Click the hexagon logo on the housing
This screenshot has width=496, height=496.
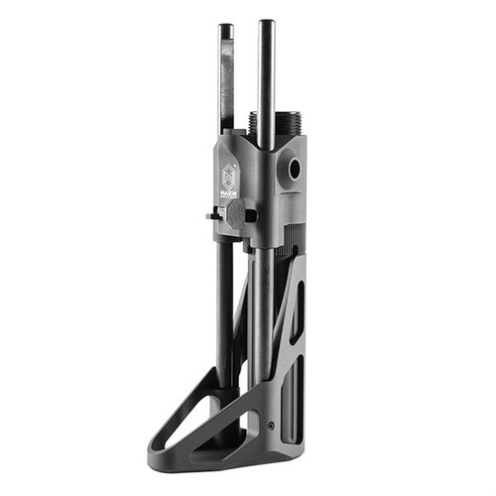pos(228,172)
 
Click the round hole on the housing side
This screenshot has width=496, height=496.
pos(295,169)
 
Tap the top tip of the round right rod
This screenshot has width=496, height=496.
pos(266,23)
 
